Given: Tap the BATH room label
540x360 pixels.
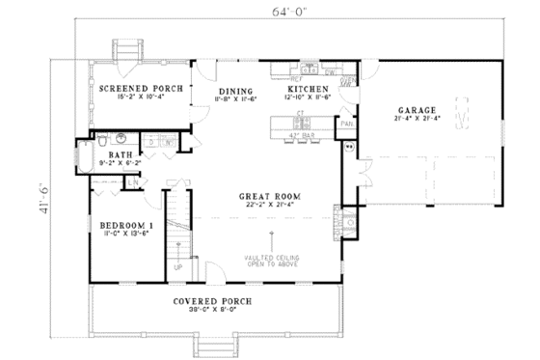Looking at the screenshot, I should click(120, 153).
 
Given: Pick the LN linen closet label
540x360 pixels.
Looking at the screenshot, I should click(130, 181).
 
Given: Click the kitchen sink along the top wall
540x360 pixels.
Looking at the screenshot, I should click(310, 69).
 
